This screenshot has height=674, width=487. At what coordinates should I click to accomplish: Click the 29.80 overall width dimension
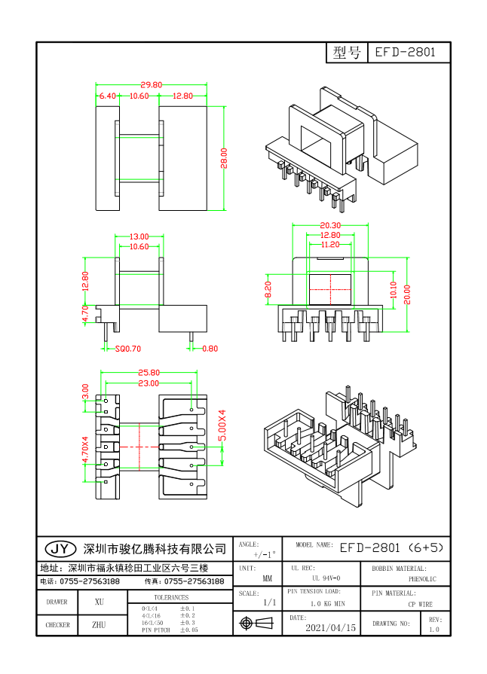click(151, 85)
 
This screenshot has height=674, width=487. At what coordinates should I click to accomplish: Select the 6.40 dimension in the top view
click(106, 96)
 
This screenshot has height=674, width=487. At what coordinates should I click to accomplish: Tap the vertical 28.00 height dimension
click(223, 158)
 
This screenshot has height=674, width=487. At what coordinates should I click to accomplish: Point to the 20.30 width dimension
click(330, 225)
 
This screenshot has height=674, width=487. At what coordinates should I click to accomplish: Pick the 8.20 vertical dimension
click(268, 290)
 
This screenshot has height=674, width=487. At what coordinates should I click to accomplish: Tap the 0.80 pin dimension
click(210, 349)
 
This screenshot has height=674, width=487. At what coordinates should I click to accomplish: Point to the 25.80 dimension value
click(149, 373)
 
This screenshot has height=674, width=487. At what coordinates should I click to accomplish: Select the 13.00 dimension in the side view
click(138, 236)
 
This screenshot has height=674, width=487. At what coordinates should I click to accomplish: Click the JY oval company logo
click(60, 547)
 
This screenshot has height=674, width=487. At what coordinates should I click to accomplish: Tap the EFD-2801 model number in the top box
click(408, 53)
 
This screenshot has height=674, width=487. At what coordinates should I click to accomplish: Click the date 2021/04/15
click(330, 627)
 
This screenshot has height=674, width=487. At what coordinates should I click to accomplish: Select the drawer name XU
click(99, 602)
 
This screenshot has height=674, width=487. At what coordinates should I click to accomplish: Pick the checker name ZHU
click(99, 625)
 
